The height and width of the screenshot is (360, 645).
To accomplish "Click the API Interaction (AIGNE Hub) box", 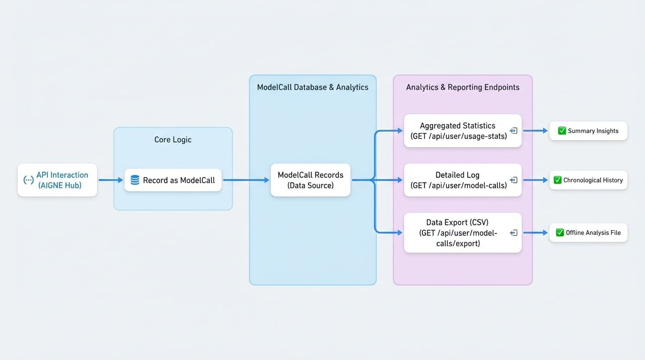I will click(57, 180).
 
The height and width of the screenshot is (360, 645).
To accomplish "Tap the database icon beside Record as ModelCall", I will click(135, 180).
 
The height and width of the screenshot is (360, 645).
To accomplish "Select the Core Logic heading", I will click(173, 140).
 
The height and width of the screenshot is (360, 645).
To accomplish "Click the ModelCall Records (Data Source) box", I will click(310, 180).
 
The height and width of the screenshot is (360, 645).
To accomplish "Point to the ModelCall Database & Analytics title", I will click(313, 87).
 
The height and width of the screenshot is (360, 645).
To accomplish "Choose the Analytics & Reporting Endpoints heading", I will click(463, 87).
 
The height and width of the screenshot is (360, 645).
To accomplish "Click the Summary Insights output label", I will click(593, 131).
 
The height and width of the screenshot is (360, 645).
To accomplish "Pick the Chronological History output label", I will click(593, 180).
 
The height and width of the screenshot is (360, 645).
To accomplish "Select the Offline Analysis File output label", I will click(593, 232).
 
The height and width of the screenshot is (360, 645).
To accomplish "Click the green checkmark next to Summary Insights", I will click(562, 131).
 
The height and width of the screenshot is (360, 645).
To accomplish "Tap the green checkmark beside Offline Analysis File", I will click(560, 232).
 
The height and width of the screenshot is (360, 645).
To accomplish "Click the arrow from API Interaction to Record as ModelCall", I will click(111, 180).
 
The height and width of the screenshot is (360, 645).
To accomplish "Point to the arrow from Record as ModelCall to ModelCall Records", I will click(246, 180).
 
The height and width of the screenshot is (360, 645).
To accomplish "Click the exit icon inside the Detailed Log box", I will click(514, 180).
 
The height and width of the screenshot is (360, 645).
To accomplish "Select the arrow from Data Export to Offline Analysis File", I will click(535, 232).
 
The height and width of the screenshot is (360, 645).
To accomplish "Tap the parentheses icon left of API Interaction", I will click(28, 180).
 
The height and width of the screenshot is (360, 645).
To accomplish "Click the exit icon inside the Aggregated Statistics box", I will click(514, 131).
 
